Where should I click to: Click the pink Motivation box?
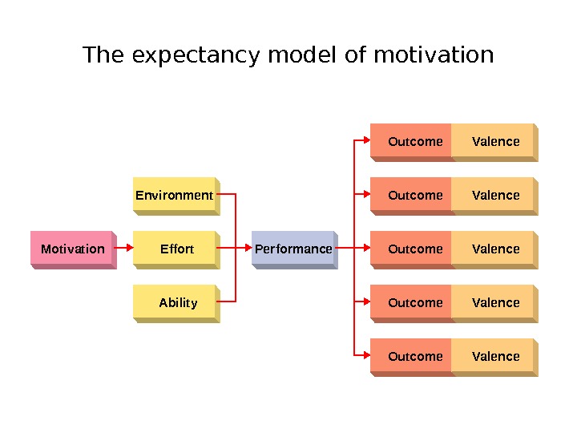click(x=73, y=249)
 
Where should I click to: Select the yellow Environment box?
click(x=175, y=195)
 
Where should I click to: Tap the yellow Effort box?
click(x=176, y=249)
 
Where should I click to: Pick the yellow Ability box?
click(x=177, y=302)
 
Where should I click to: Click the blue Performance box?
click(x=293, y=249)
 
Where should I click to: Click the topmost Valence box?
click(x=494, y=142)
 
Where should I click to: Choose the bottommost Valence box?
click(x=494, y=356)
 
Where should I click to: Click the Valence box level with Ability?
click(x=494, y=302)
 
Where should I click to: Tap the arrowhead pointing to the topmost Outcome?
click(x=365, y=142)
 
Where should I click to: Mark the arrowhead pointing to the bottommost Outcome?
click(x=365, y=356)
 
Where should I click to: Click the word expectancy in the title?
click(x=196, y=56)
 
